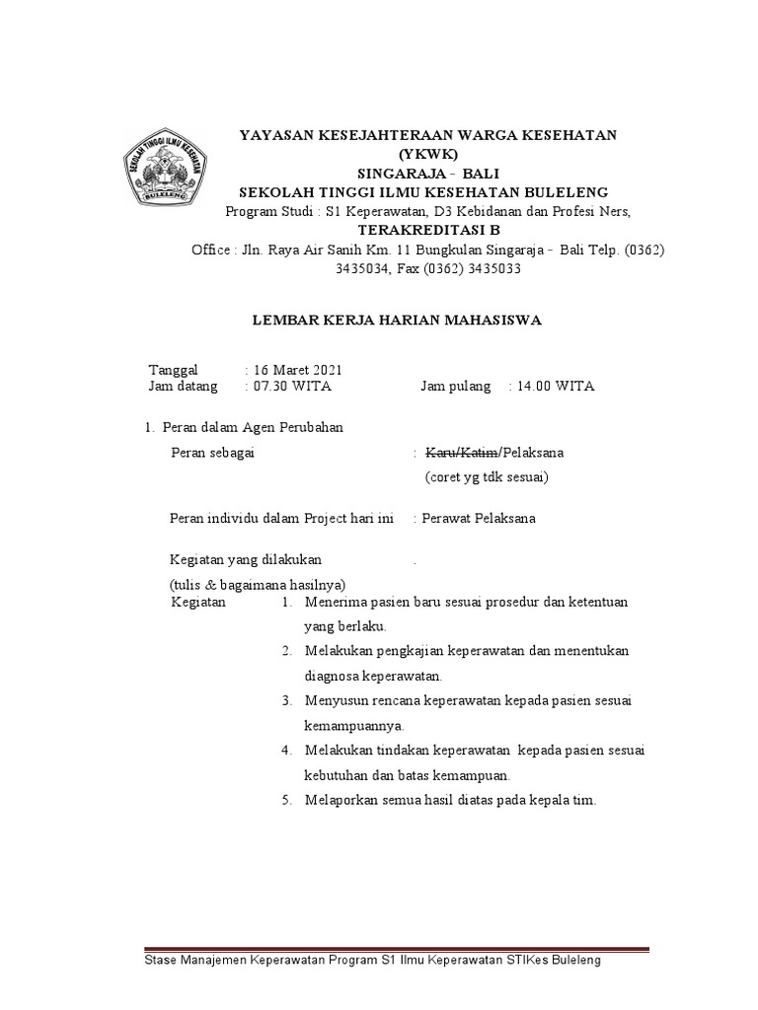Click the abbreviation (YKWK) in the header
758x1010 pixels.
tap(427, 154)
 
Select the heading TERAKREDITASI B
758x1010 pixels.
tap(427, 230)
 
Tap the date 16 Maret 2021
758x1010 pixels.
tap(297, 369)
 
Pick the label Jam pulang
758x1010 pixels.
tap(456, 387)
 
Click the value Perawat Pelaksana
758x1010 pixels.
tap(478, 519)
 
